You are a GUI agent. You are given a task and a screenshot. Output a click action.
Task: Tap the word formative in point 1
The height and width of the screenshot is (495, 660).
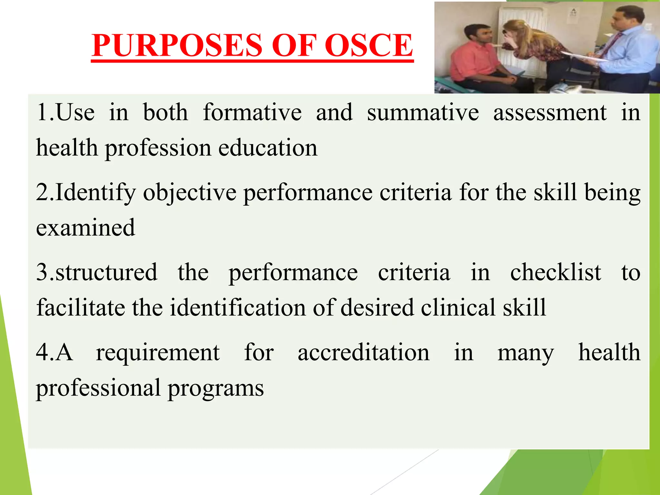coord(252,113)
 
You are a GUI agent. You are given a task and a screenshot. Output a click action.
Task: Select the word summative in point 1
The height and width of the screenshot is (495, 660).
coord(423,113)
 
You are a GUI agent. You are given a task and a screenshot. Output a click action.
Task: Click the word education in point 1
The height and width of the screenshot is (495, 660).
coord(268,148)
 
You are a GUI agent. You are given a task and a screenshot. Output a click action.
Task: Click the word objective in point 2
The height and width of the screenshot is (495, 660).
coord(189,193)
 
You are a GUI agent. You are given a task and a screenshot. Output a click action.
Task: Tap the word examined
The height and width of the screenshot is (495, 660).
coord(85,228)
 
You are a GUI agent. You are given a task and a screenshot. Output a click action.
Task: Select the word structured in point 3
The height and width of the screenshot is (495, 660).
coord(106,273)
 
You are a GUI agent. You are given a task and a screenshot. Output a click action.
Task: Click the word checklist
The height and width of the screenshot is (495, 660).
coord(555,273)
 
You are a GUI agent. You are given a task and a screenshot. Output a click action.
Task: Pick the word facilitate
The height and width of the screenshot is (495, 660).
coord(80,308)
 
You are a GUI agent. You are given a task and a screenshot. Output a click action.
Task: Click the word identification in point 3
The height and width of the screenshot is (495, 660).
coord(238,308)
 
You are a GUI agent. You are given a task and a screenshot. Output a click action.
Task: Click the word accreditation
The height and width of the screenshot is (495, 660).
coord(363,353)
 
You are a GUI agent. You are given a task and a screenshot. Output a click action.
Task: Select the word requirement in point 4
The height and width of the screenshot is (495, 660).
coord(158,353)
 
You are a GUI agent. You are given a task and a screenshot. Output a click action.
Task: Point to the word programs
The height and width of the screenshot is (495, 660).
coord(216,388)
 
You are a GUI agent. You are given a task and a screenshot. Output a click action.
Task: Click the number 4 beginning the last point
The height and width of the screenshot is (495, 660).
coord(42,353)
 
